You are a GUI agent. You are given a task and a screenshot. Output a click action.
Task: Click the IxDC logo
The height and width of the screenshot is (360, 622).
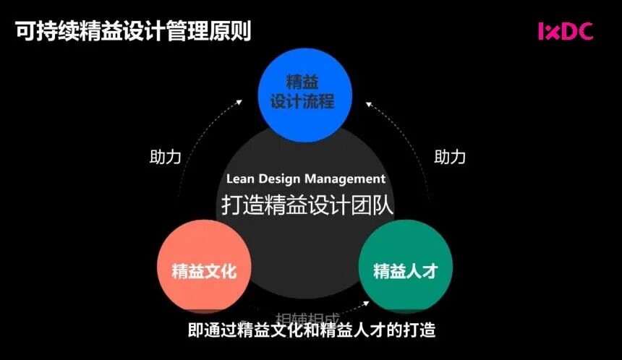point(565,31)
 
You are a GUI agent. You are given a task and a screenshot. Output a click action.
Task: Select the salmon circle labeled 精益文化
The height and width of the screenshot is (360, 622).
point(203,271)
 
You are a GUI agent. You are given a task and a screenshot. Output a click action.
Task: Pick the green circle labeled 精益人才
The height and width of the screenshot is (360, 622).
point(405,271)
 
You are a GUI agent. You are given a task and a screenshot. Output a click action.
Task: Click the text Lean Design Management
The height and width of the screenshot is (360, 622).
point(306,179)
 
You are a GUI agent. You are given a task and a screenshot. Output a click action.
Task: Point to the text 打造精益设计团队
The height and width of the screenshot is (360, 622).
point(307,205)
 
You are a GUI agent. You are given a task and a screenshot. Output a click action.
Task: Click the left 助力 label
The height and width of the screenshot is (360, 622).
point(165,157)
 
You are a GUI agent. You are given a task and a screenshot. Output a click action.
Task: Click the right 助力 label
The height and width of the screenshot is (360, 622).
point(450,157)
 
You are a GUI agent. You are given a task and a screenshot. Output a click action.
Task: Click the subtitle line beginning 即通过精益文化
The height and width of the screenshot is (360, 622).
point(312,331)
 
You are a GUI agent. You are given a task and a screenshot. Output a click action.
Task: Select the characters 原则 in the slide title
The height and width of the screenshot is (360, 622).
point(231,31)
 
